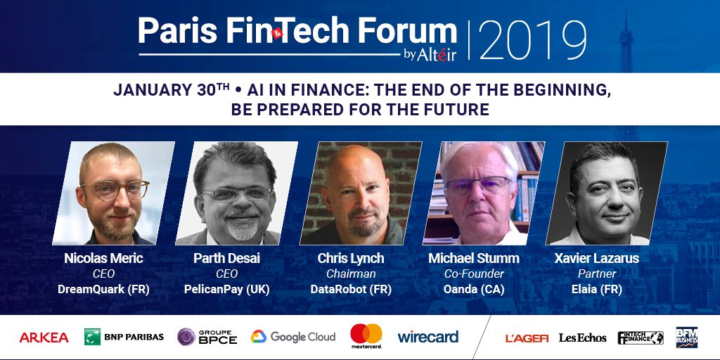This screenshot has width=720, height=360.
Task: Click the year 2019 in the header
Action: (x=533, y=41)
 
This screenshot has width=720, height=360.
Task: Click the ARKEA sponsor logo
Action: (x=44, y=337)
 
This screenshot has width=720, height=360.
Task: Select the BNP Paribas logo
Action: (x=124, y=337)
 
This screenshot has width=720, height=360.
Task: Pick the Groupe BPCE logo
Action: (x=207, y=337)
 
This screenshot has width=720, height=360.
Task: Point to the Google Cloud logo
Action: (x=293, y=337)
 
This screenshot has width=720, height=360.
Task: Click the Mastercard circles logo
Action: (x=366, y=335)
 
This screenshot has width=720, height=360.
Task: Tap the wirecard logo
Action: (x=427, y=337)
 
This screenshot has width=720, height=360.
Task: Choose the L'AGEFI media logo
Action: (x=527, y=337)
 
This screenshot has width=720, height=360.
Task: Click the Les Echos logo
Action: (x=582, y=337)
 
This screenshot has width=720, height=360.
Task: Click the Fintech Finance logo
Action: (x=640, y=337)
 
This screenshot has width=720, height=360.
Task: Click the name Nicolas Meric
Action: (x=103, y=259)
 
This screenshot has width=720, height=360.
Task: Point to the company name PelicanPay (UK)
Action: (x=226, y=289)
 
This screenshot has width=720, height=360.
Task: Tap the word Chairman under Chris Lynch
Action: (x=351, y=274)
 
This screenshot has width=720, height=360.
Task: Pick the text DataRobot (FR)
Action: (x=351, y=289)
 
